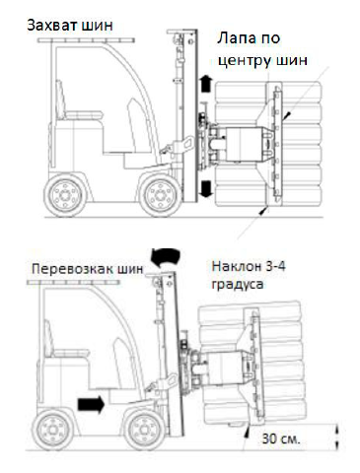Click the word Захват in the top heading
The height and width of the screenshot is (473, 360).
52,25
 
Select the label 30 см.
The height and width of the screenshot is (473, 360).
281,439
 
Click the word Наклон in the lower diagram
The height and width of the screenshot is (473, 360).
233,266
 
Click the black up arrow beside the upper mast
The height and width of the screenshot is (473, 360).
205,83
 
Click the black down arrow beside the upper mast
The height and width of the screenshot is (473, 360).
206,188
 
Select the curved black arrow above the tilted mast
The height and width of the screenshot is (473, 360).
166,257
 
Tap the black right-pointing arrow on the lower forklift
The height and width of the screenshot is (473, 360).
91,404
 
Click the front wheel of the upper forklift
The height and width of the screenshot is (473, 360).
160,195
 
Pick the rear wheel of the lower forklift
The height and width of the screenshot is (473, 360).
52,429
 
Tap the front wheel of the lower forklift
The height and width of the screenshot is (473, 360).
144,430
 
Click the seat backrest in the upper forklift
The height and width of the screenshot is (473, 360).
60,100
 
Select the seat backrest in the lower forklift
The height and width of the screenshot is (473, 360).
48,339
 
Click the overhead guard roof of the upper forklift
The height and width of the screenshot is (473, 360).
86,40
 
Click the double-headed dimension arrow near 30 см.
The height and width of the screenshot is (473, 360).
336,438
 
